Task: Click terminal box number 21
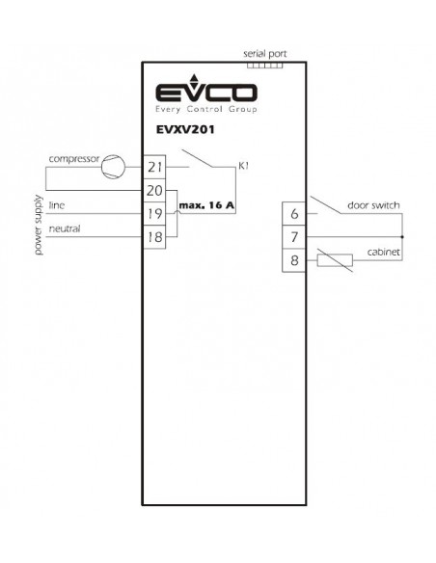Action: pyautogui.click(x=154, y=167)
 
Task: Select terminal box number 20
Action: pyautogui.click(x=154, y=190)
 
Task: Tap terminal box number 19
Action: pyautogui.click(x=154, y=214)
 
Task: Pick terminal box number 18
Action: pyautogui.click(x=154, y=237)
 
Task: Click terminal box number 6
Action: pyautogui.click(x=294, y=214)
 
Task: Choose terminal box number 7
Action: pyautogui.click(x=294, y=237)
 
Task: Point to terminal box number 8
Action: pyautogui.click(x=294, y=260)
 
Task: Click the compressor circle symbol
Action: pyautogui.click(x=113, y=167)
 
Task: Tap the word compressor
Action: pyautogui.click(x=74, y=159)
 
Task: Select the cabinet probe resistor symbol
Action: pyautogui.click(x=335, y=260)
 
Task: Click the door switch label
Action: pyautogui.click(x=373, y=205)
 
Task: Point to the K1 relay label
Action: pyautogui.click(x=243, y=166)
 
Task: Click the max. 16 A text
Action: pyautogui.click(x=206, y=205)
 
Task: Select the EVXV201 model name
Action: pyautogui.click(x=185, y=129)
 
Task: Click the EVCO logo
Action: pyautogui.click(x=206, y=94)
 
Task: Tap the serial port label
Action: pyautogui.click(x=265, y=54)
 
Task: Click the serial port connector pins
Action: pyautogui.click(x=265, y=66)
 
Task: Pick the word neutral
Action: pyautogui.click(x=65, y=228)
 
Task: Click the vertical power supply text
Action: pyautogui.click(x=38, y=226)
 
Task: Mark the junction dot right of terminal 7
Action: pyautogui.click(x=402, y=237)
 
